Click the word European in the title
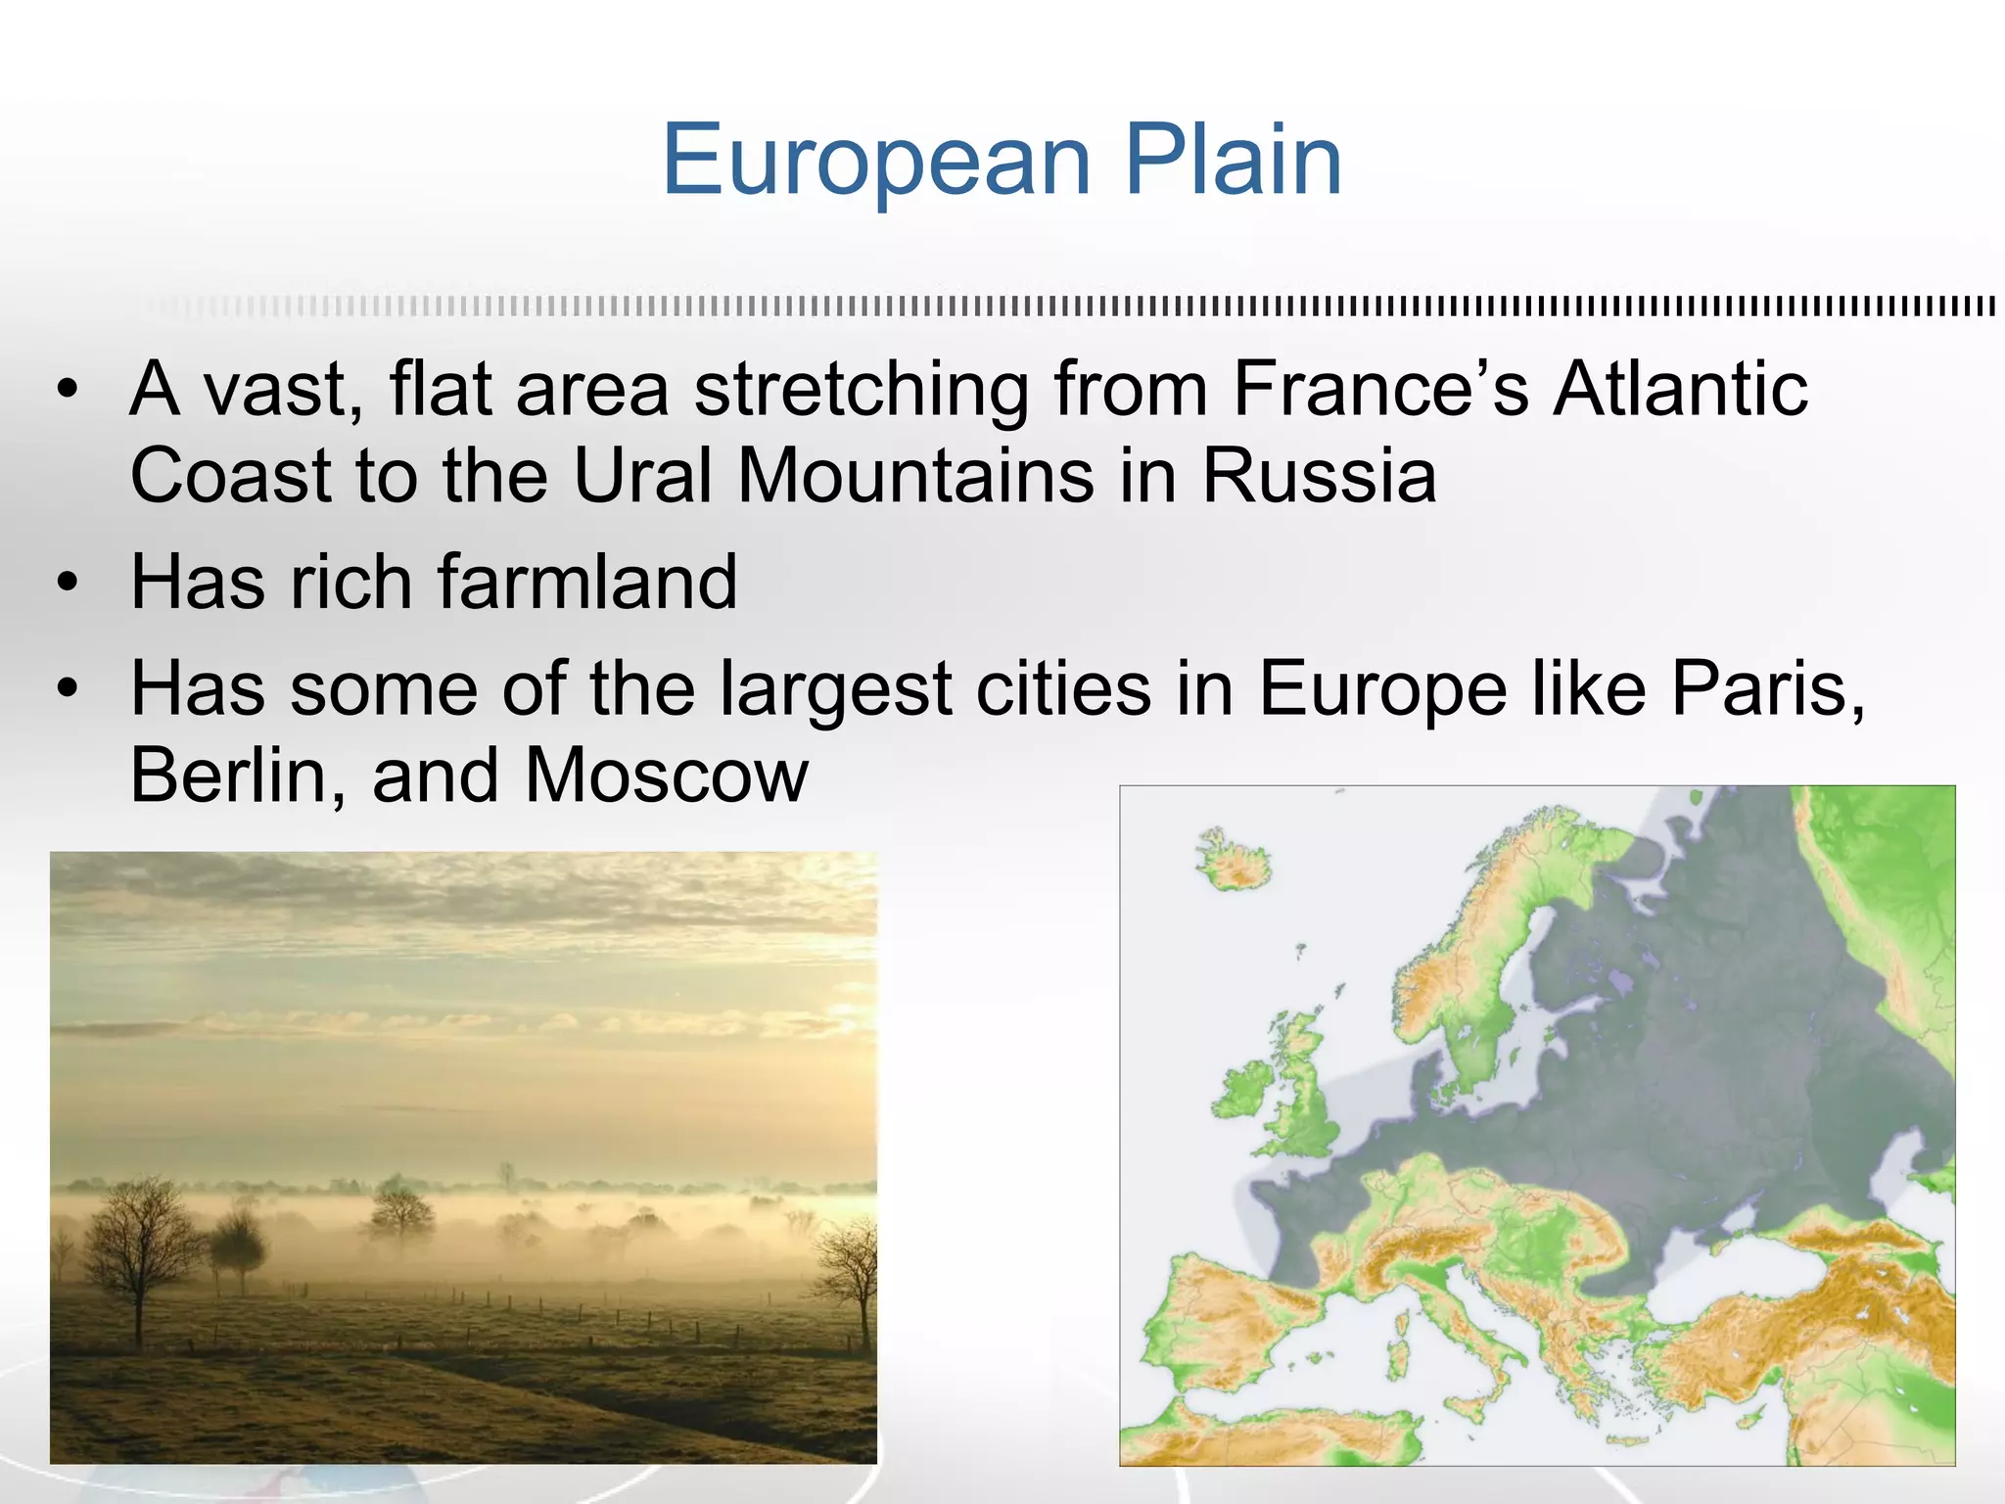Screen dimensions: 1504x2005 coord(876,162)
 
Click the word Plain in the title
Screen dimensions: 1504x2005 coord(1234,162)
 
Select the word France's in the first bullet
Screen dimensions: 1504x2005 coord(1380,390)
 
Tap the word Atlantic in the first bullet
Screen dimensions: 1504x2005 coord(1681,390)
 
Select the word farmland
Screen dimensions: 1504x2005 coord(586,582)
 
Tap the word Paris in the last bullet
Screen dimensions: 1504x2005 coord(1767,688)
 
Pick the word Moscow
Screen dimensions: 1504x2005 coord(666,775)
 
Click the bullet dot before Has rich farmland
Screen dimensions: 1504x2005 coord(67,584)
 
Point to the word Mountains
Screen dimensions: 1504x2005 coord(914,476)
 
